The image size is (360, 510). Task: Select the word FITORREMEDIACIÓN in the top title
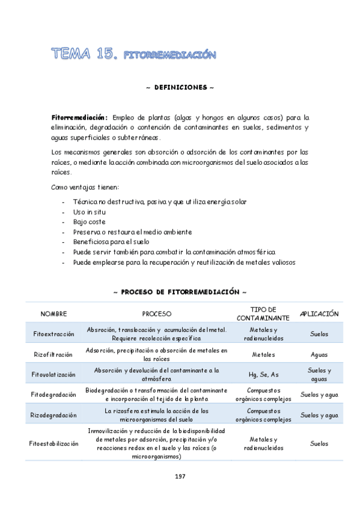click(x=169, y=55)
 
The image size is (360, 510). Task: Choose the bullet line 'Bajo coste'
click(x=89, y=222)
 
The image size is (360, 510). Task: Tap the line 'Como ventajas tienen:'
click(x=85, y=187)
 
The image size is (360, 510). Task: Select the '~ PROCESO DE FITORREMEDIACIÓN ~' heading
click(x=180, y=292)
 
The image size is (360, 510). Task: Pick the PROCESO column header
click(x=156, y=314)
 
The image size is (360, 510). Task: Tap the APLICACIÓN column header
click(x=319, y=314)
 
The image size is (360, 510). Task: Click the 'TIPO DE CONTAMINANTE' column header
click(x=263, y=313)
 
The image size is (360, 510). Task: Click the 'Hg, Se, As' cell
click(x=263, y=374)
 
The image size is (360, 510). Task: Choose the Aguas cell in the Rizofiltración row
click(x=319, y=354)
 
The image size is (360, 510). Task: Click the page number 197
click(x=180, y=476)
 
